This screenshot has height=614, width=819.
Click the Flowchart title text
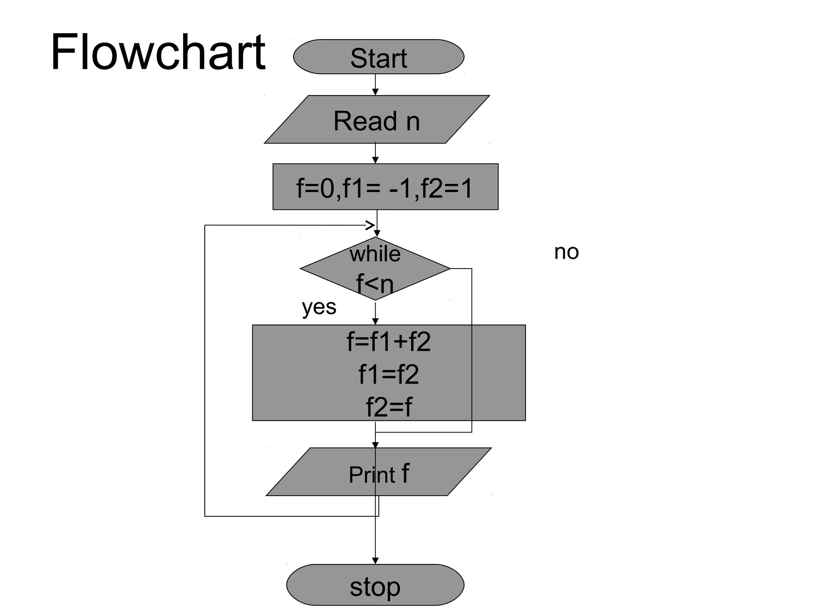pos(158,52)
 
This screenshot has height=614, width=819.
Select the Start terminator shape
pos(378,57)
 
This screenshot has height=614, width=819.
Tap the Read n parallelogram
pos(377,120)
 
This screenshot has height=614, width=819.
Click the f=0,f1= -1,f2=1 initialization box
pos(385,187)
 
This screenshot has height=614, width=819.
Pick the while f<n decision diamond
pos(375,269)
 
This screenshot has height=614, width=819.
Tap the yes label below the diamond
pos(319,307)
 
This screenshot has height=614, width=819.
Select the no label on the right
pos(566,252)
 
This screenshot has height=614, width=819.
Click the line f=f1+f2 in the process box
pos(388,342)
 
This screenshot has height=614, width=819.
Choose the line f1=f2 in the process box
pos(388,375)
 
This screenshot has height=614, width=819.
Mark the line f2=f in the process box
pos(388,407)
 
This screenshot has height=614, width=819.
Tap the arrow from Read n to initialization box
pos(375,153)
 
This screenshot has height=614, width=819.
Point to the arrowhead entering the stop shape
pos(375,561)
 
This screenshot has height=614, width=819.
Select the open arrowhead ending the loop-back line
pos(370,225)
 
